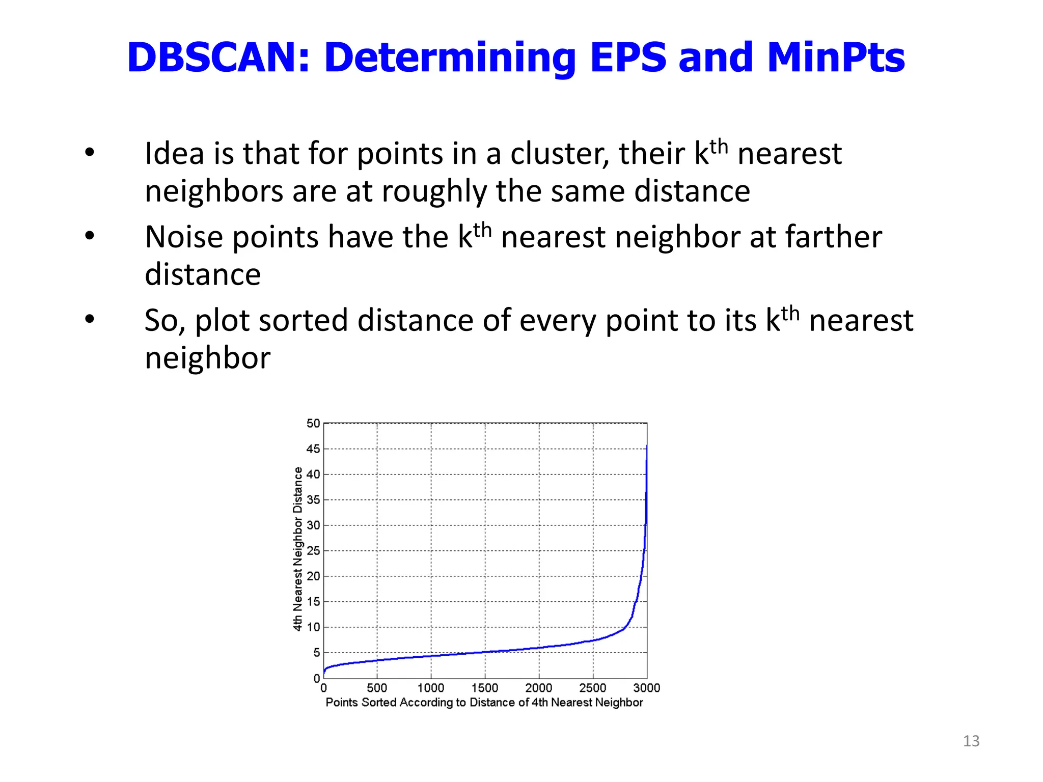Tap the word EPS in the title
pos(628,57)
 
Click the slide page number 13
pos(971,741)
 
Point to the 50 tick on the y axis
pos(313,423)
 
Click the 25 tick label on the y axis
pos(313,551)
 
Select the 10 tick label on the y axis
pos(313,627)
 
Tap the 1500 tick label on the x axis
pos(485,688)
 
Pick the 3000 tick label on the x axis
pos(646,688)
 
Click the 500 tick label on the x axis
pos(377,688)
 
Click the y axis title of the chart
pos(297,549)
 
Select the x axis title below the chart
pos(484,703)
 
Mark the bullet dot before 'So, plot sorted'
pos(90,319)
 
